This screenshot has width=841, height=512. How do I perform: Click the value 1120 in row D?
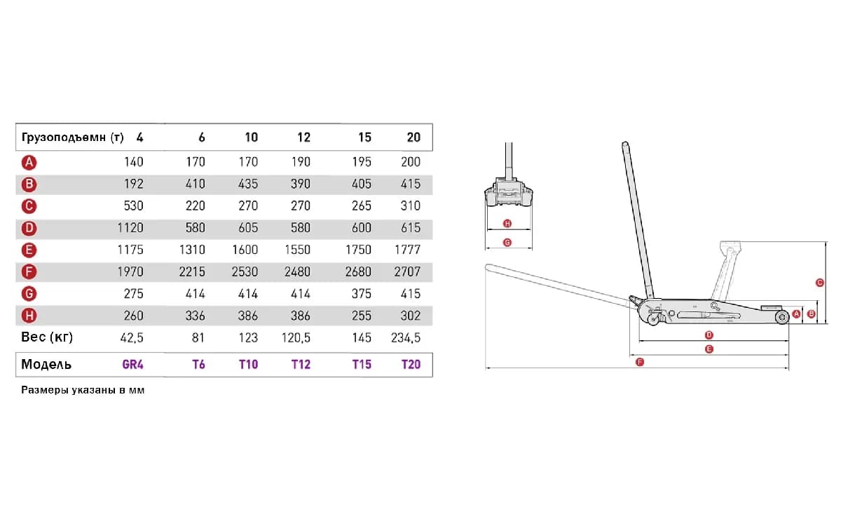coord(130,228)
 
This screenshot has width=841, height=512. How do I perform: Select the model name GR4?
coord(133,365)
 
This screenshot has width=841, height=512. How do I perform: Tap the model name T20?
coord(411,365)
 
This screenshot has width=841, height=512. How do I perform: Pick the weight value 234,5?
coord(406,337)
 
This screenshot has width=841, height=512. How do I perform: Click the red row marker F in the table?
coord(29,271)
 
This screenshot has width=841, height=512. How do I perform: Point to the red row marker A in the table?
coord(29,162)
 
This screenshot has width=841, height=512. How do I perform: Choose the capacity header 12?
coord(303,137)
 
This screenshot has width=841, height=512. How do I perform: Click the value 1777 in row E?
coord(407,250)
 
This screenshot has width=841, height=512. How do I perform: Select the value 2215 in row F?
coord(192,271)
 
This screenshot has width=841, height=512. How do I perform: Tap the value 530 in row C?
coord(134,206)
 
